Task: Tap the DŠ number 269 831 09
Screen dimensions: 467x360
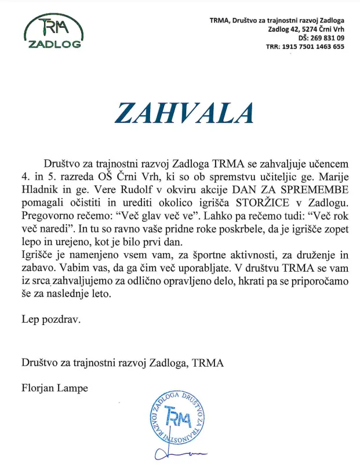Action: click(x=325, y=38)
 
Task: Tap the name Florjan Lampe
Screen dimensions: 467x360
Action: click(x=55, y=388)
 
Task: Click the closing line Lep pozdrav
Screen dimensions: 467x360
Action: click(x=52, y=318)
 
